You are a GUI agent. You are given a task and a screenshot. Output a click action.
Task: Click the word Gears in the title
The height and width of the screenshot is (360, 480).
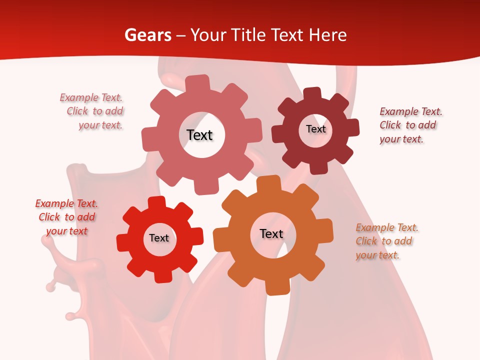click(x=148, y=35)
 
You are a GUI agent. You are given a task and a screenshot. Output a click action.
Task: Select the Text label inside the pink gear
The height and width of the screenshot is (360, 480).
click(x=199, y=135)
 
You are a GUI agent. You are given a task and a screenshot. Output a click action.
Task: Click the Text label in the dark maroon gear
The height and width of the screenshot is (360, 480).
click(x=315, y=129)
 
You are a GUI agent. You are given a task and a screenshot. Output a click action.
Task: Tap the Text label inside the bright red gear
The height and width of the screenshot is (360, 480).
click(x=159, y=238)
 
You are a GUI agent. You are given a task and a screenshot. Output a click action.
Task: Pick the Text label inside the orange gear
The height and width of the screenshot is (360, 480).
click(x=271, y=233)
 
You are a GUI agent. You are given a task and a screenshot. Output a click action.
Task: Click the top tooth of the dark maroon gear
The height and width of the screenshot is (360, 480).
click(x=312, y=93)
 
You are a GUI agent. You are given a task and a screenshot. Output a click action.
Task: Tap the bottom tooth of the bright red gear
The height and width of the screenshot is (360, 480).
click(x=161, y=276)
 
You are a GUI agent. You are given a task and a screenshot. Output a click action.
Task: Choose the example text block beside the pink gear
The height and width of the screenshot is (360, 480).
click(x=93, y=111)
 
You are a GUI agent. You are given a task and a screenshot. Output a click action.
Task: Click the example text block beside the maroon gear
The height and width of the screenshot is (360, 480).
click(x=410, y=125)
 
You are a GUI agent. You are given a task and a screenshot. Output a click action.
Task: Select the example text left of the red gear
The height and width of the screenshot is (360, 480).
click(x=66, y=217)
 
